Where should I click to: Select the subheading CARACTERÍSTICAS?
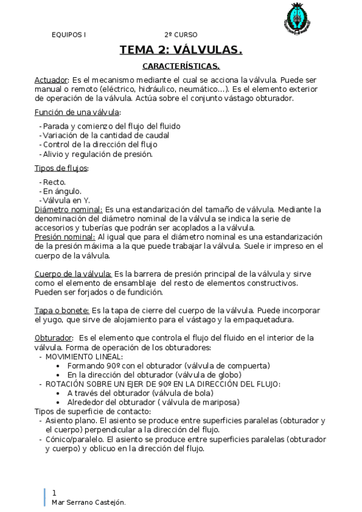point(181,65)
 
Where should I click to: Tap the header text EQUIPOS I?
point(68,35)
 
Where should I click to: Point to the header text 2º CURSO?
point(180,35)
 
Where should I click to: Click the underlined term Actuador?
point(52,80)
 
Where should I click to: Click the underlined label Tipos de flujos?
point(61,168)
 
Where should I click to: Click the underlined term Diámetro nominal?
point(68,210)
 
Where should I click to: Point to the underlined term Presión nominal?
point(65,237)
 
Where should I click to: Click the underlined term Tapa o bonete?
point(62,310)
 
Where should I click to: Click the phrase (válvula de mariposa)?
point(200,402)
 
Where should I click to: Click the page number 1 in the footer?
point(54,493)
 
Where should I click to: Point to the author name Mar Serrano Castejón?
point(89,502)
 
